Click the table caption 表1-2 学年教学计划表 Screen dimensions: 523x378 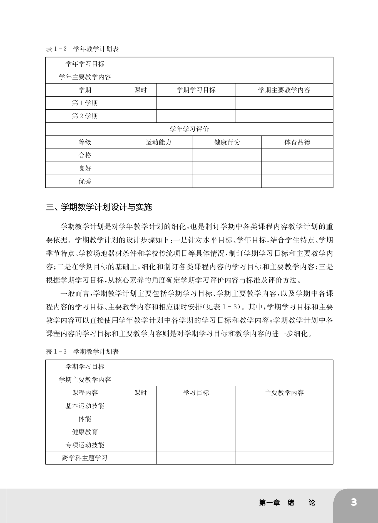(82, 49)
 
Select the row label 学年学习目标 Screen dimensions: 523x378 (85, 64)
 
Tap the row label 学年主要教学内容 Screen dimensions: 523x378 (85, 77)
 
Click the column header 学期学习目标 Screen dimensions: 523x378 (196, 90)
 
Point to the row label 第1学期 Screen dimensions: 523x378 (85, 103)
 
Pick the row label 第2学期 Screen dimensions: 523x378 (85, 116)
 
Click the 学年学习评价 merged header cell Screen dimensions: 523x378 (189, 129)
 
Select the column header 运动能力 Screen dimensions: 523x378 (158, 142)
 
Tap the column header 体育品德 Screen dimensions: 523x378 (297, 142)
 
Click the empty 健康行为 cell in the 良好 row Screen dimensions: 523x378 (227, 168)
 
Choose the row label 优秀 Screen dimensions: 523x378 (85, 181)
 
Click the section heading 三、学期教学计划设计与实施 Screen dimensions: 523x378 (99, 207)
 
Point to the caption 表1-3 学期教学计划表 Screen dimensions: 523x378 (82, 352)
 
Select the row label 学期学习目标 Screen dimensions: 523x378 (85, 367)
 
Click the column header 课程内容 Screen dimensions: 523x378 (85, 393)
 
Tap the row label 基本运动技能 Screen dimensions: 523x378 (85, 406)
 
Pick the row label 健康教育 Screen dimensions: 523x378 (85, 432)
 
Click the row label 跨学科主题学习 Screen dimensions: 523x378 (85, 458)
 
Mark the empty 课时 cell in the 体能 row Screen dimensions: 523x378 (140, 419)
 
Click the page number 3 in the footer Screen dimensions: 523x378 (354, 502)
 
